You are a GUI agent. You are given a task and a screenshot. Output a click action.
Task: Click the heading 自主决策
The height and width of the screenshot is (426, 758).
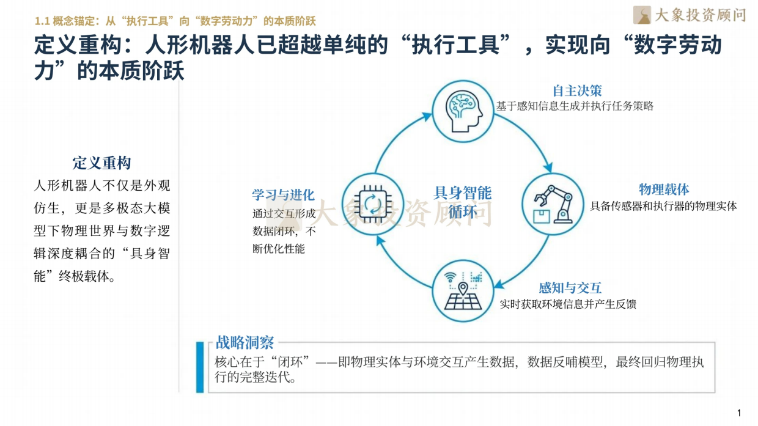click(577, 91)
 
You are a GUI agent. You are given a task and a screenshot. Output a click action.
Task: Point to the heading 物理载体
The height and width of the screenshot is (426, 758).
click(664, 189)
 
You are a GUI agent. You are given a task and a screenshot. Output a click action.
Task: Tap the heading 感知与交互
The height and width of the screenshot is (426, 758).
click(570, 288)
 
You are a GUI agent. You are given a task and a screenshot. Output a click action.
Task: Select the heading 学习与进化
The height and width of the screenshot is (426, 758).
click(283, 195)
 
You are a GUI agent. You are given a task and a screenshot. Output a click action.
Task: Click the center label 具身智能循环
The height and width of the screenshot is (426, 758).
click(462, 202)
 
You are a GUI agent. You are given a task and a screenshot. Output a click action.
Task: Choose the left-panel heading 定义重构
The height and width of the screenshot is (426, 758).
click(101, 163)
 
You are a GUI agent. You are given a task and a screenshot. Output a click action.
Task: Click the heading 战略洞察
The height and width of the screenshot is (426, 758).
click(245, 342)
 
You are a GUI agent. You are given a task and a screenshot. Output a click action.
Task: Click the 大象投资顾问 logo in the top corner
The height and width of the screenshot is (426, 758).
click(689, 15)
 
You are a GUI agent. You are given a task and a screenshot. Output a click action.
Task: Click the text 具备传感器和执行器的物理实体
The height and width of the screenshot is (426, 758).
click(663, 205)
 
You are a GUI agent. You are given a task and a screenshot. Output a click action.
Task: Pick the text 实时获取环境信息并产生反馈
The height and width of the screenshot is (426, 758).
click(568, 304)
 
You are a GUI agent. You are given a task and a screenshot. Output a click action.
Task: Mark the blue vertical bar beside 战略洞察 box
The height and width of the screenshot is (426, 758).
click(200, 367)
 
